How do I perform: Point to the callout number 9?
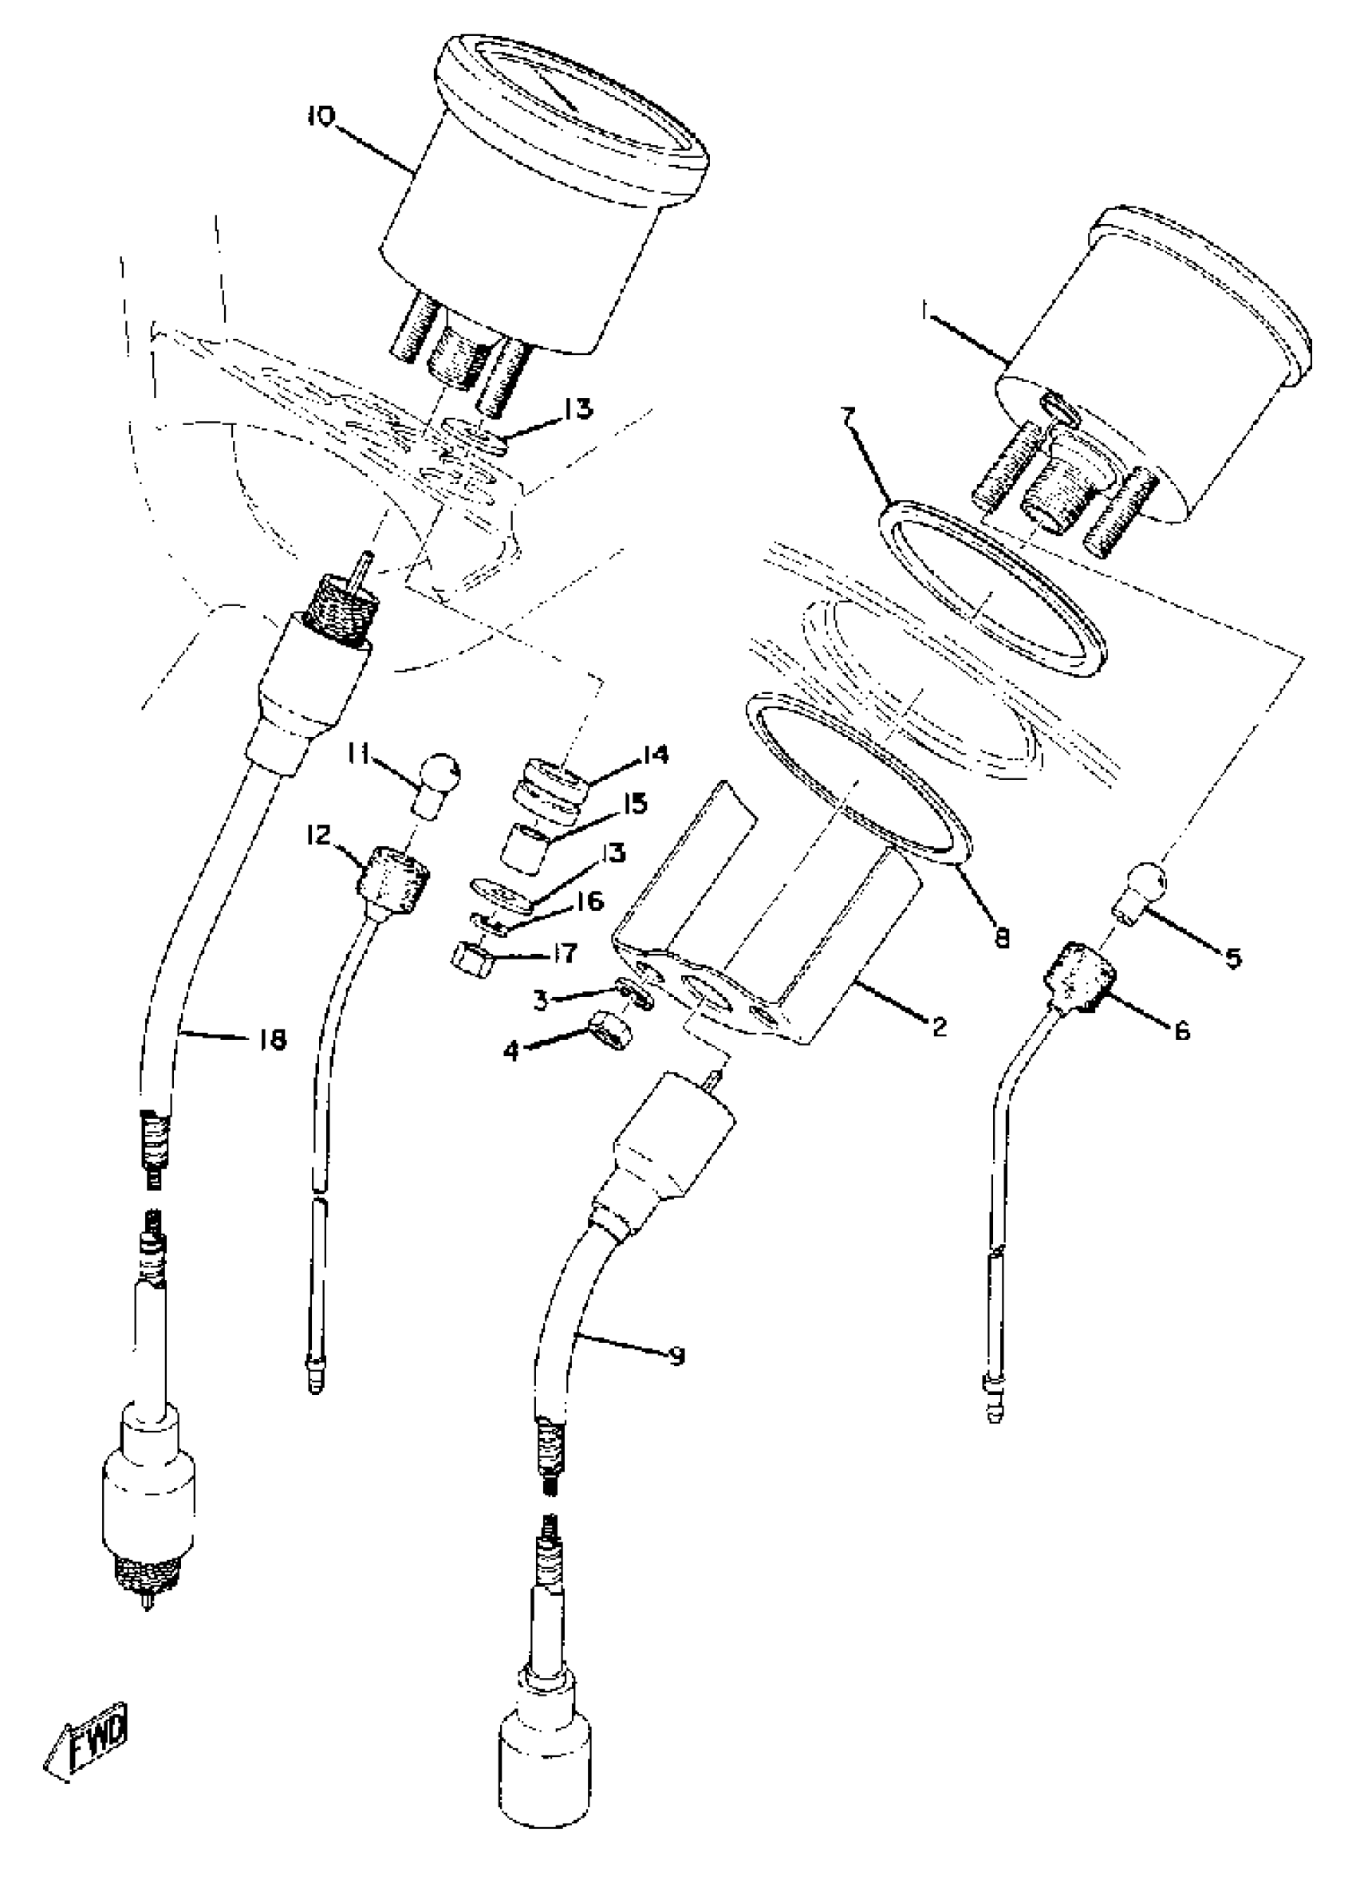676,1357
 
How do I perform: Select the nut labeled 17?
471,958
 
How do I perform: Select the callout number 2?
938,1026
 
